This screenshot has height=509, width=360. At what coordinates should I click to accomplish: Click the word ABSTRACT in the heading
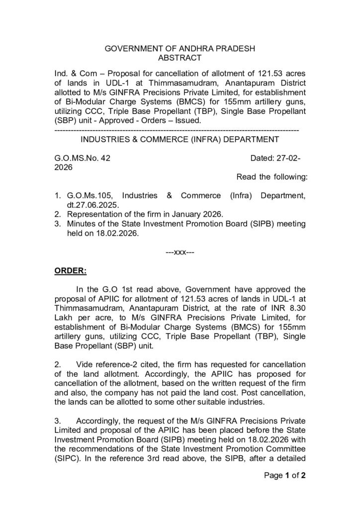click(x=180, y=58)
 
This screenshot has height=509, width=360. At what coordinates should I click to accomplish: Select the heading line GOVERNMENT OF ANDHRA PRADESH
click(x=180, y=49)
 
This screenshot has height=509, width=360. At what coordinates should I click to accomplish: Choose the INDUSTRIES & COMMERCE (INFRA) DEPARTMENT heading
click(x=180, y=139)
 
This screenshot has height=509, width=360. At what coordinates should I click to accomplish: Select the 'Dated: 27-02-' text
click(x=275, y=158)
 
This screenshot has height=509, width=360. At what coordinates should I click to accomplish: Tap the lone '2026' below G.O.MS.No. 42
click(x=63, y=168)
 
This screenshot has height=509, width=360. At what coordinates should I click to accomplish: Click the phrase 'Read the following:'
click(x=271, y=177)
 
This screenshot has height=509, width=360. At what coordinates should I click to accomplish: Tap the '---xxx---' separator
click(x=180, y=252)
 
